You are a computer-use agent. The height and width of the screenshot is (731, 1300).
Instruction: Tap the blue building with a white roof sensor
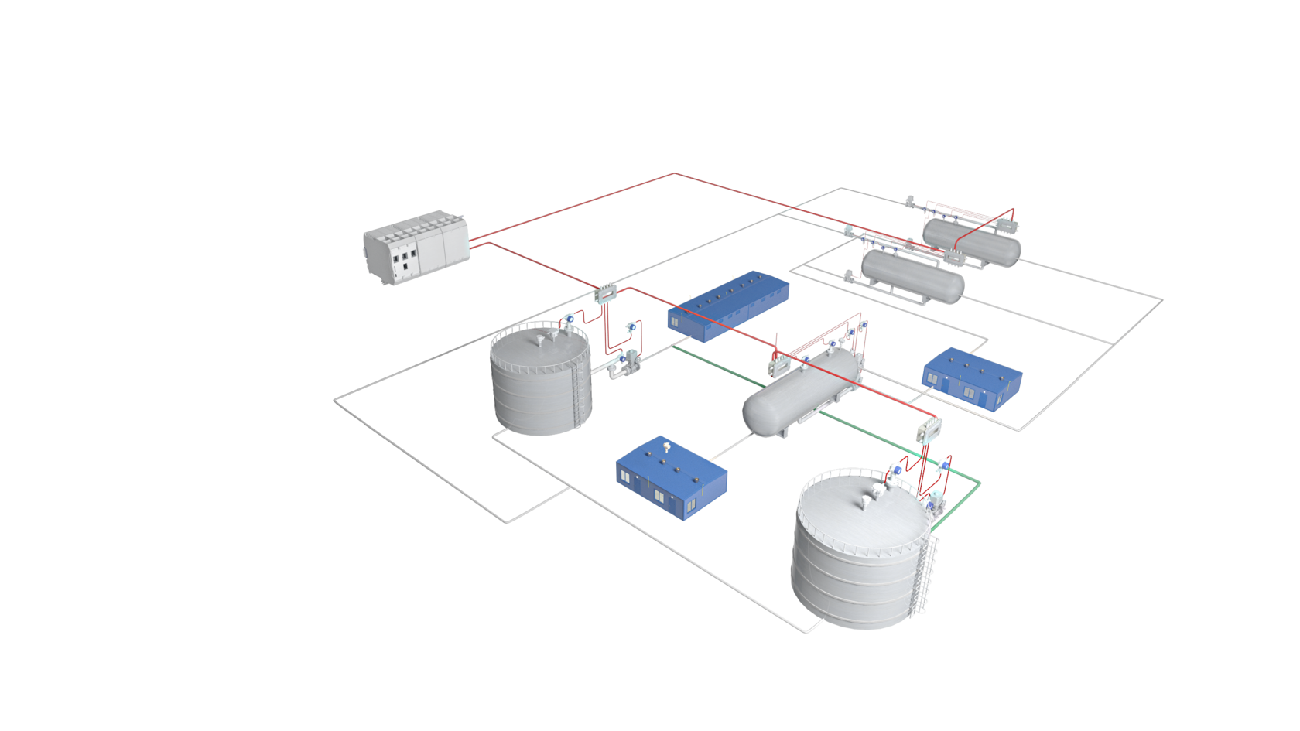pyautogui.click(x=671, y=477)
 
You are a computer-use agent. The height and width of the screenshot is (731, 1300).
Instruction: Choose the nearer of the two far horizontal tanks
pyautogui.click(x=913, y=275)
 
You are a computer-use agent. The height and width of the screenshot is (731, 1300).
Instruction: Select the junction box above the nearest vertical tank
pyautogui.click(x=928, y=430)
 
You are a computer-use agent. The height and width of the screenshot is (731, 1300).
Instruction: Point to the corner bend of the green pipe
pyautogui.click(x=980, y=483)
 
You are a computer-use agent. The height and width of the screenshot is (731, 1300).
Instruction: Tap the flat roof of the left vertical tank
pyautogui.click(x=539, y=343)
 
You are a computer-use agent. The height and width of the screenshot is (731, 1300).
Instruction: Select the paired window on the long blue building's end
pyautogui.click(x=675, y=322)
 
